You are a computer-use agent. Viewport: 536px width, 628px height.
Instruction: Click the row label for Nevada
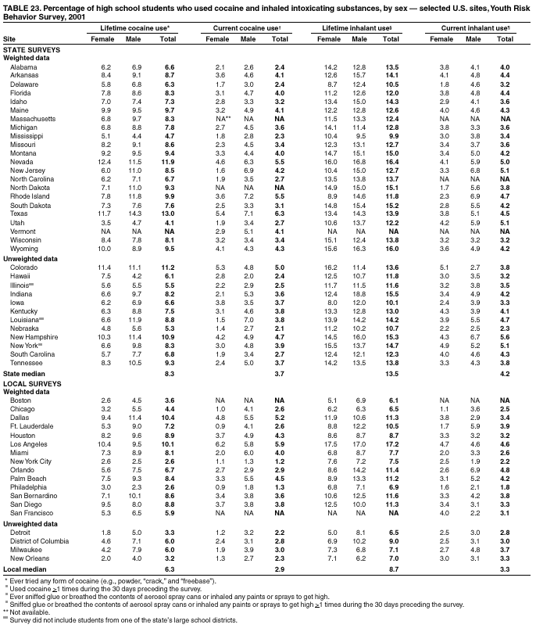(x=20, y=161)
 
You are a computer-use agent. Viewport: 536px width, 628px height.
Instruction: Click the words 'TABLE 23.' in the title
(x=21, y=5)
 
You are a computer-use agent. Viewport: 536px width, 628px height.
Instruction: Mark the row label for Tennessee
(x=26, y=364)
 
